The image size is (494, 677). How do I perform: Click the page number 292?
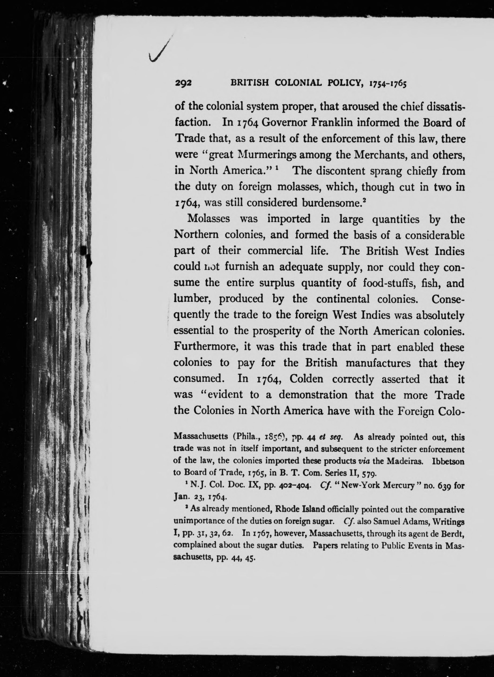coord(183,84)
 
